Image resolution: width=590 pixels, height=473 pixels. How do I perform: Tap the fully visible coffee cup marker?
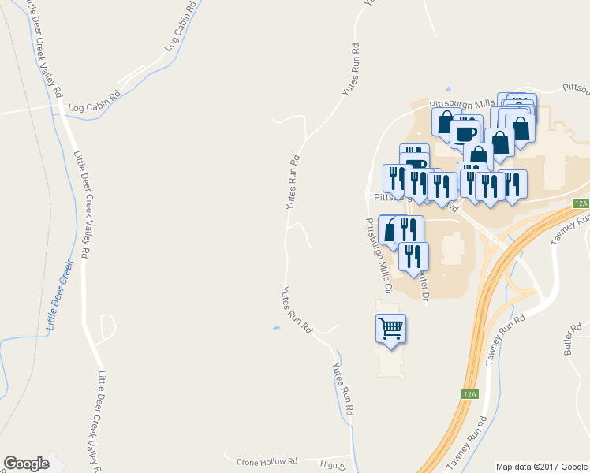pyautogui.click(x=465, y=130)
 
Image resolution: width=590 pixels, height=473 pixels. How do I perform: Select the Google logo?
pyautogui.click(x=26, y=464)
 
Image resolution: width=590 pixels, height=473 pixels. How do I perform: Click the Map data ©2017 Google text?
pyautogui.click(x=541, y=467)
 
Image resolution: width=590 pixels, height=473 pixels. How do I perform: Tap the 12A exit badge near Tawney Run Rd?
pyautogui.click(x=469, y=393)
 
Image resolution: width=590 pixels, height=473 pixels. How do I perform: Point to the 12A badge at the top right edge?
pyautogui.click(x=581, y=203)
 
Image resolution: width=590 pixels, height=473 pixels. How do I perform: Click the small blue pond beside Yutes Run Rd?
pyautogui.click(x=275, y=328)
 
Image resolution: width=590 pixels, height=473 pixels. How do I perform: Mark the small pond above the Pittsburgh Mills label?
pyautogui.click(x=448, y=88)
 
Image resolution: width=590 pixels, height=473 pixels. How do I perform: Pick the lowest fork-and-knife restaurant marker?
pyautogui.click(x=413, y=256)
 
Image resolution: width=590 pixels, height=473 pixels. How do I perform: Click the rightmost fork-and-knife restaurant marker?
pyautogui.click(x=513, y=182)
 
